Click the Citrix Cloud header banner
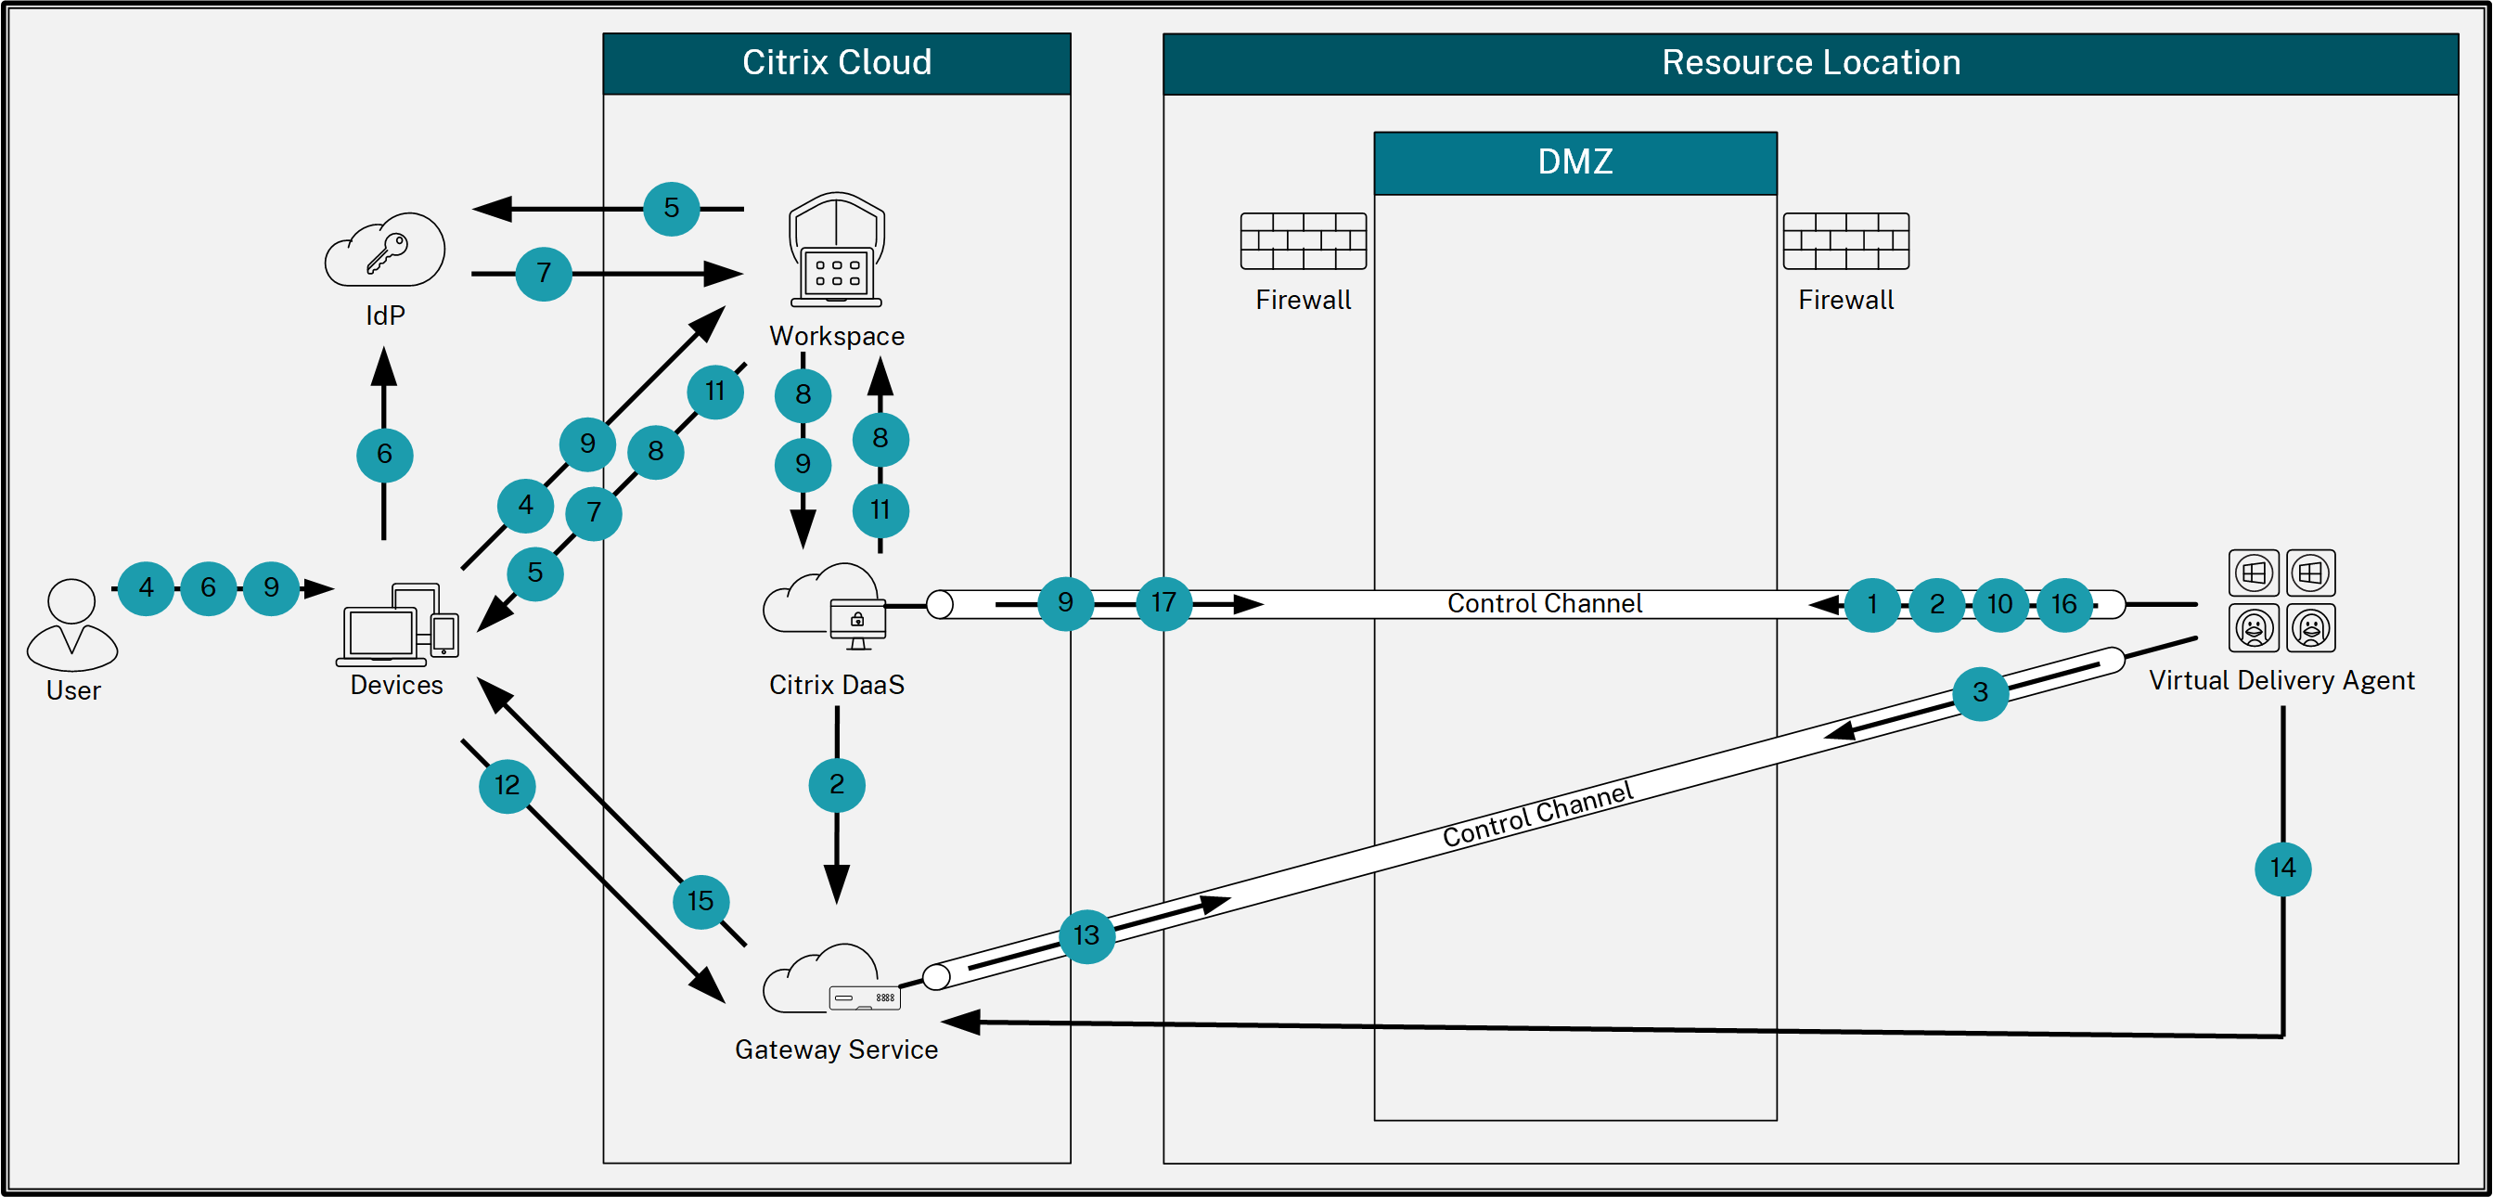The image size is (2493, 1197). (836, 63)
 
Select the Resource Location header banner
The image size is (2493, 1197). (1810, 63)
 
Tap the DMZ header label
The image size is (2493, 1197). (1574, 161)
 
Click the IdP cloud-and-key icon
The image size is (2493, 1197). (385, 250)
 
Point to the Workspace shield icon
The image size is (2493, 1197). (836, 250)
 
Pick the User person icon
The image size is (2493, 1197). (72, 625)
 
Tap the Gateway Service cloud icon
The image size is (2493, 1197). (830, 979)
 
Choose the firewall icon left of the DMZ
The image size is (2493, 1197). (1303, 241)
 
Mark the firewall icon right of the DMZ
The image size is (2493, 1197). (1845, 241)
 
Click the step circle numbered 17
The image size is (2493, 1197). (1163, 603)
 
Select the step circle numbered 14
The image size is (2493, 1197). (2283, 868)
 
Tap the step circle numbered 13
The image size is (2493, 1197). (1086, 935)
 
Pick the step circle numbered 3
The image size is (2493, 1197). (1980, 693)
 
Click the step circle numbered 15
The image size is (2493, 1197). (700, 902)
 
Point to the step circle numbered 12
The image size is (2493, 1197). (508, 785)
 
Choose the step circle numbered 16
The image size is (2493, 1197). (2063, 605)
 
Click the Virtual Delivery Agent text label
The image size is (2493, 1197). (2281, 680)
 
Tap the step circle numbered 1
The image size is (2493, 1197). (1871, 605)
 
